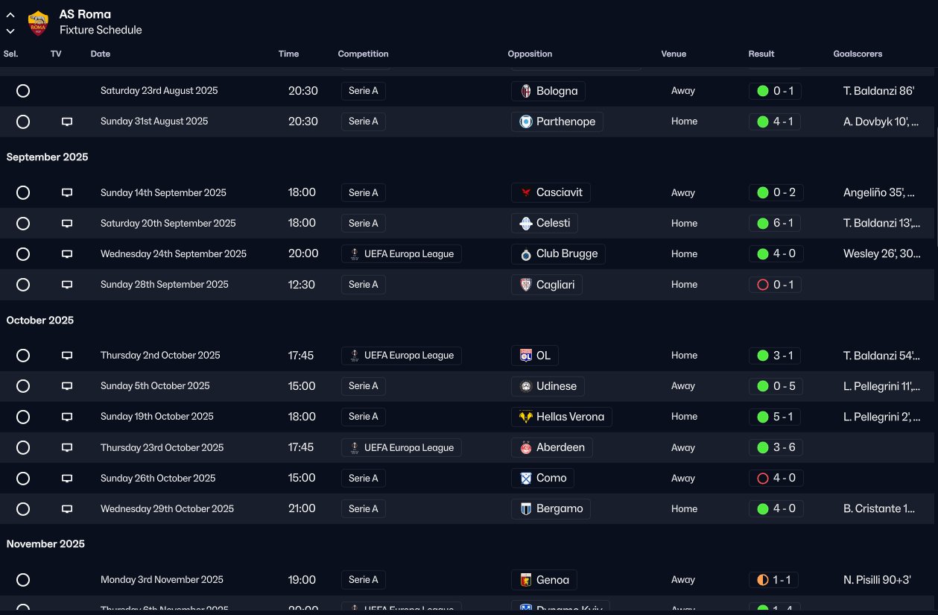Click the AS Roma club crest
pyautogui.click(x=38, y=23)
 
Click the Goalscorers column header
pyautogui.click(x=858, y=54)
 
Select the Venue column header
pyautogui.click(x=674, y=54)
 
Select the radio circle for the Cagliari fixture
pyautogui.click(x=23, y=285)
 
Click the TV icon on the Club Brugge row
pyautogui.click(x=67, y=254)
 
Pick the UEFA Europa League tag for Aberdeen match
pyautogui.click(x=402, y=448)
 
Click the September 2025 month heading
pyautogui.click(x=48, y=157)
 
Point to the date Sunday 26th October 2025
pyautogui.click(x=158, y=479)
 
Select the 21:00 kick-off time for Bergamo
pyautogui.click(x=302, y=509)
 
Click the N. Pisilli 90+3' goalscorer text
pyautogui.click(x=877, y=580)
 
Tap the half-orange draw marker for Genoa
pyautogui.click(x=762, y=580)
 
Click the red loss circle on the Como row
pyautogui.click(x=762, y=479)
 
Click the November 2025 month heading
pyautogui.click(x=45, y=544)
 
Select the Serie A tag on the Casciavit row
pyautogui.click(x=364, y=193)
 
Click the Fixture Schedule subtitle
pyautogui.click(x=101, y=31)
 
